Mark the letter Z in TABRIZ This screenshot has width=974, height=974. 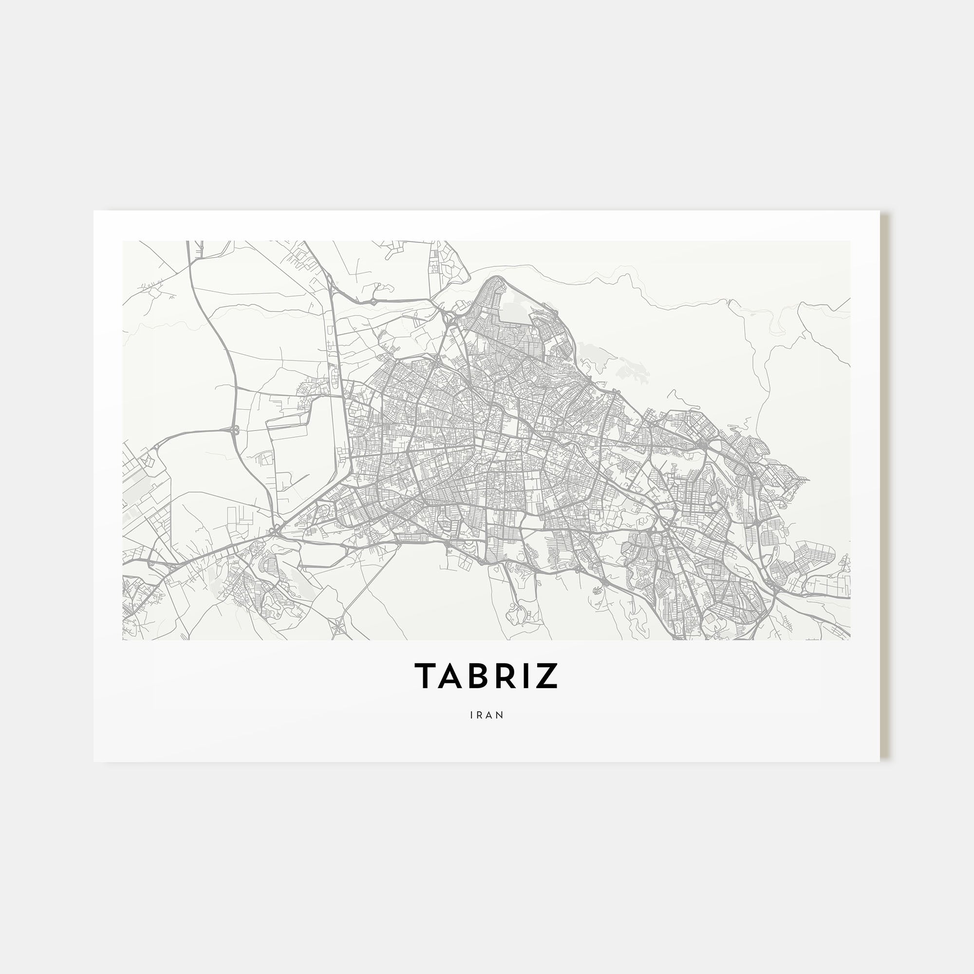click(548, 675)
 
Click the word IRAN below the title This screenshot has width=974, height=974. click(487, 715)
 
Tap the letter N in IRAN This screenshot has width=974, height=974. click(500, 715)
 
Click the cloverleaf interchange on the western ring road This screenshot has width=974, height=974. click(234, 430)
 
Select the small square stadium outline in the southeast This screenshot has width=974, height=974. click(711, 617)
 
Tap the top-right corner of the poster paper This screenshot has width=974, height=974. click(880, 211)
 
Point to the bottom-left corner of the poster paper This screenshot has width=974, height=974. click(94, 761)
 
